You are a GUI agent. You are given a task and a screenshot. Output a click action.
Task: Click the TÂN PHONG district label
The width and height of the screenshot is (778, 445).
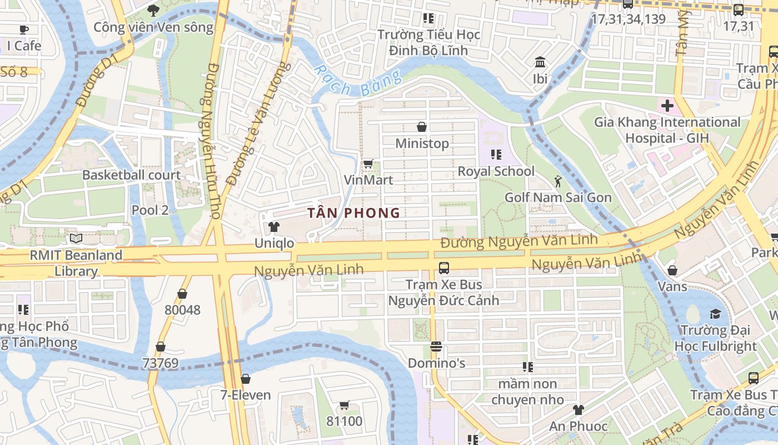354,212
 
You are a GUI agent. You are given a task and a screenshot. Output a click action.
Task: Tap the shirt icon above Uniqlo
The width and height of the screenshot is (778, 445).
273,227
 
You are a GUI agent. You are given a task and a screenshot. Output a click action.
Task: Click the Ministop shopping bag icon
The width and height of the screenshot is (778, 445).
422,127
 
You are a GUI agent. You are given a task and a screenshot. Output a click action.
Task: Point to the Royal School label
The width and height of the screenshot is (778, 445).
496,171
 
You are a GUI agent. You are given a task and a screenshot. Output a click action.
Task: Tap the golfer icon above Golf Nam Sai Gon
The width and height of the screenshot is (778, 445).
558,181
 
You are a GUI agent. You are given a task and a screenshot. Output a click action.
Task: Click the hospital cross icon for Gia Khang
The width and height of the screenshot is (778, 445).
667,105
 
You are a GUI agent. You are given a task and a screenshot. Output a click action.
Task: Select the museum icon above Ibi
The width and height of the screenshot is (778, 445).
540,62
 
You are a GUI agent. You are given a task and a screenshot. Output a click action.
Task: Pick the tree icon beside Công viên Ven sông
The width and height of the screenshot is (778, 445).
153,10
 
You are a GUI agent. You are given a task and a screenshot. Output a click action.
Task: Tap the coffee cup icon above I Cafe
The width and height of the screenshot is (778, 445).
24,29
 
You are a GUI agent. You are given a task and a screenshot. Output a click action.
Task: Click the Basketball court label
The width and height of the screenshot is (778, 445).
131,175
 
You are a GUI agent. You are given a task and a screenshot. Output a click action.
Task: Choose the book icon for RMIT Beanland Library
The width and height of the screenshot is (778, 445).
76,239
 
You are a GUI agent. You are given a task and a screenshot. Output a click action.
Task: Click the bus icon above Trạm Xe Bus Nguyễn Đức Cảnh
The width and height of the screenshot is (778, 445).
443,268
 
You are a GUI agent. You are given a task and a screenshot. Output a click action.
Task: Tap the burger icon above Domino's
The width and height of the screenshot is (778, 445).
436,347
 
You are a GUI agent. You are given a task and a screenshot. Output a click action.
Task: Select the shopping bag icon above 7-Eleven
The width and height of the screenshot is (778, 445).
246,379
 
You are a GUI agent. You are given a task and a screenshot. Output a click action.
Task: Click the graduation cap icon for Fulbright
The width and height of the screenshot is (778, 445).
715,314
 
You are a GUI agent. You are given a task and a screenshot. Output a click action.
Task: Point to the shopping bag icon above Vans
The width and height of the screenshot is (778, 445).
672,270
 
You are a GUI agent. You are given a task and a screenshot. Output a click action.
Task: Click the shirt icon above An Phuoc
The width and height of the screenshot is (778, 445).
578,410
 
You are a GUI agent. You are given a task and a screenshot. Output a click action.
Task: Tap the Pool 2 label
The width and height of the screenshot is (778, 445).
150,210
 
